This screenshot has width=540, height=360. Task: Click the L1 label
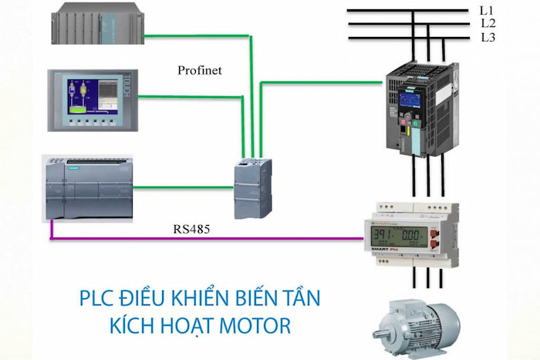[485, 11]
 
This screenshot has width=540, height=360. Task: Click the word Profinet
[199, 70]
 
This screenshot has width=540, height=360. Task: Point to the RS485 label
[192, 229]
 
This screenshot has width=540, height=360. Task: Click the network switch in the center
[252, 183]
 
